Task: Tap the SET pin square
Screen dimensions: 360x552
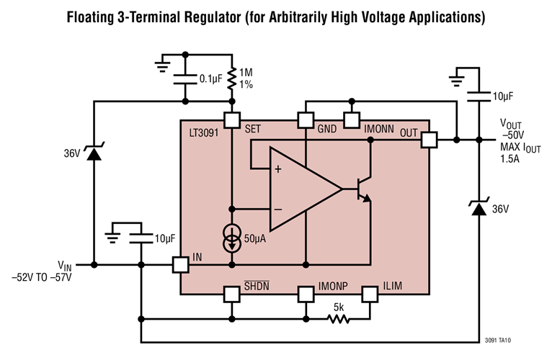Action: pyautogui.click(x=231, y=120)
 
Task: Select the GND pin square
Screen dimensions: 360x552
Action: pyautogui.click(x=306, y=120)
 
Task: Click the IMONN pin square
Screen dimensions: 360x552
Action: pyautogui.click(x=351, y=120)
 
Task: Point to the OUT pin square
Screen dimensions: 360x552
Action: pyautogui.click(x=429, y=140)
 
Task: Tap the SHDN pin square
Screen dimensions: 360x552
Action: pyautogui.click(x=231, y=294)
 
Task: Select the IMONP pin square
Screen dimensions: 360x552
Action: pyautogui.click(x=306, y=294)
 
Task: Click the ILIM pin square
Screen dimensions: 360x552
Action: pyautogui.click(x=370, y=294)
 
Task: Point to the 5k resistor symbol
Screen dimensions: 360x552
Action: pyautogui.click(x=337, y=318)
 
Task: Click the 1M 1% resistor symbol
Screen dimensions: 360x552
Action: pyautogui.click(x=231, y=78)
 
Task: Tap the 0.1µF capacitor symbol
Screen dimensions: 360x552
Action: pyautogui.click(x=185, y=77)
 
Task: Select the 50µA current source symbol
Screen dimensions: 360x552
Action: pyautogui.click(x=231, y=240)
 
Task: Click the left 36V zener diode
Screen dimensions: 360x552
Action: pyautogui.click(x=93, y=153)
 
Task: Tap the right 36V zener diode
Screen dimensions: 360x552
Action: pyautogui.click(x=476, y=209)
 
